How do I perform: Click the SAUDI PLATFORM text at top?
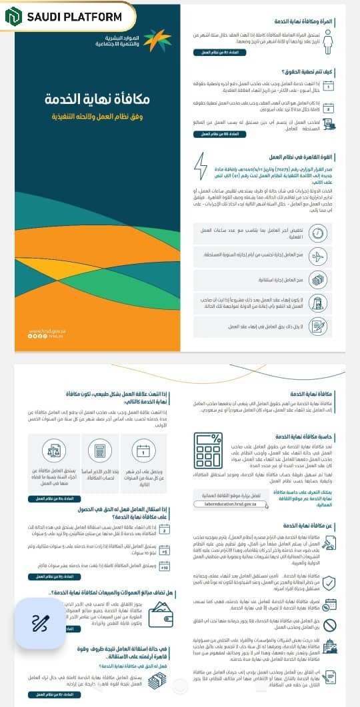tap(74, 17)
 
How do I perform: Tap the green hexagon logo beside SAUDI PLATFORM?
tap(14, 17)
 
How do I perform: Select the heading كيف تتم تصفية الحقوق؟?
tap(307, 70)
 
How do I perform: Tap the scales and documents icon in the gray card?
tap(55, 452)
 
